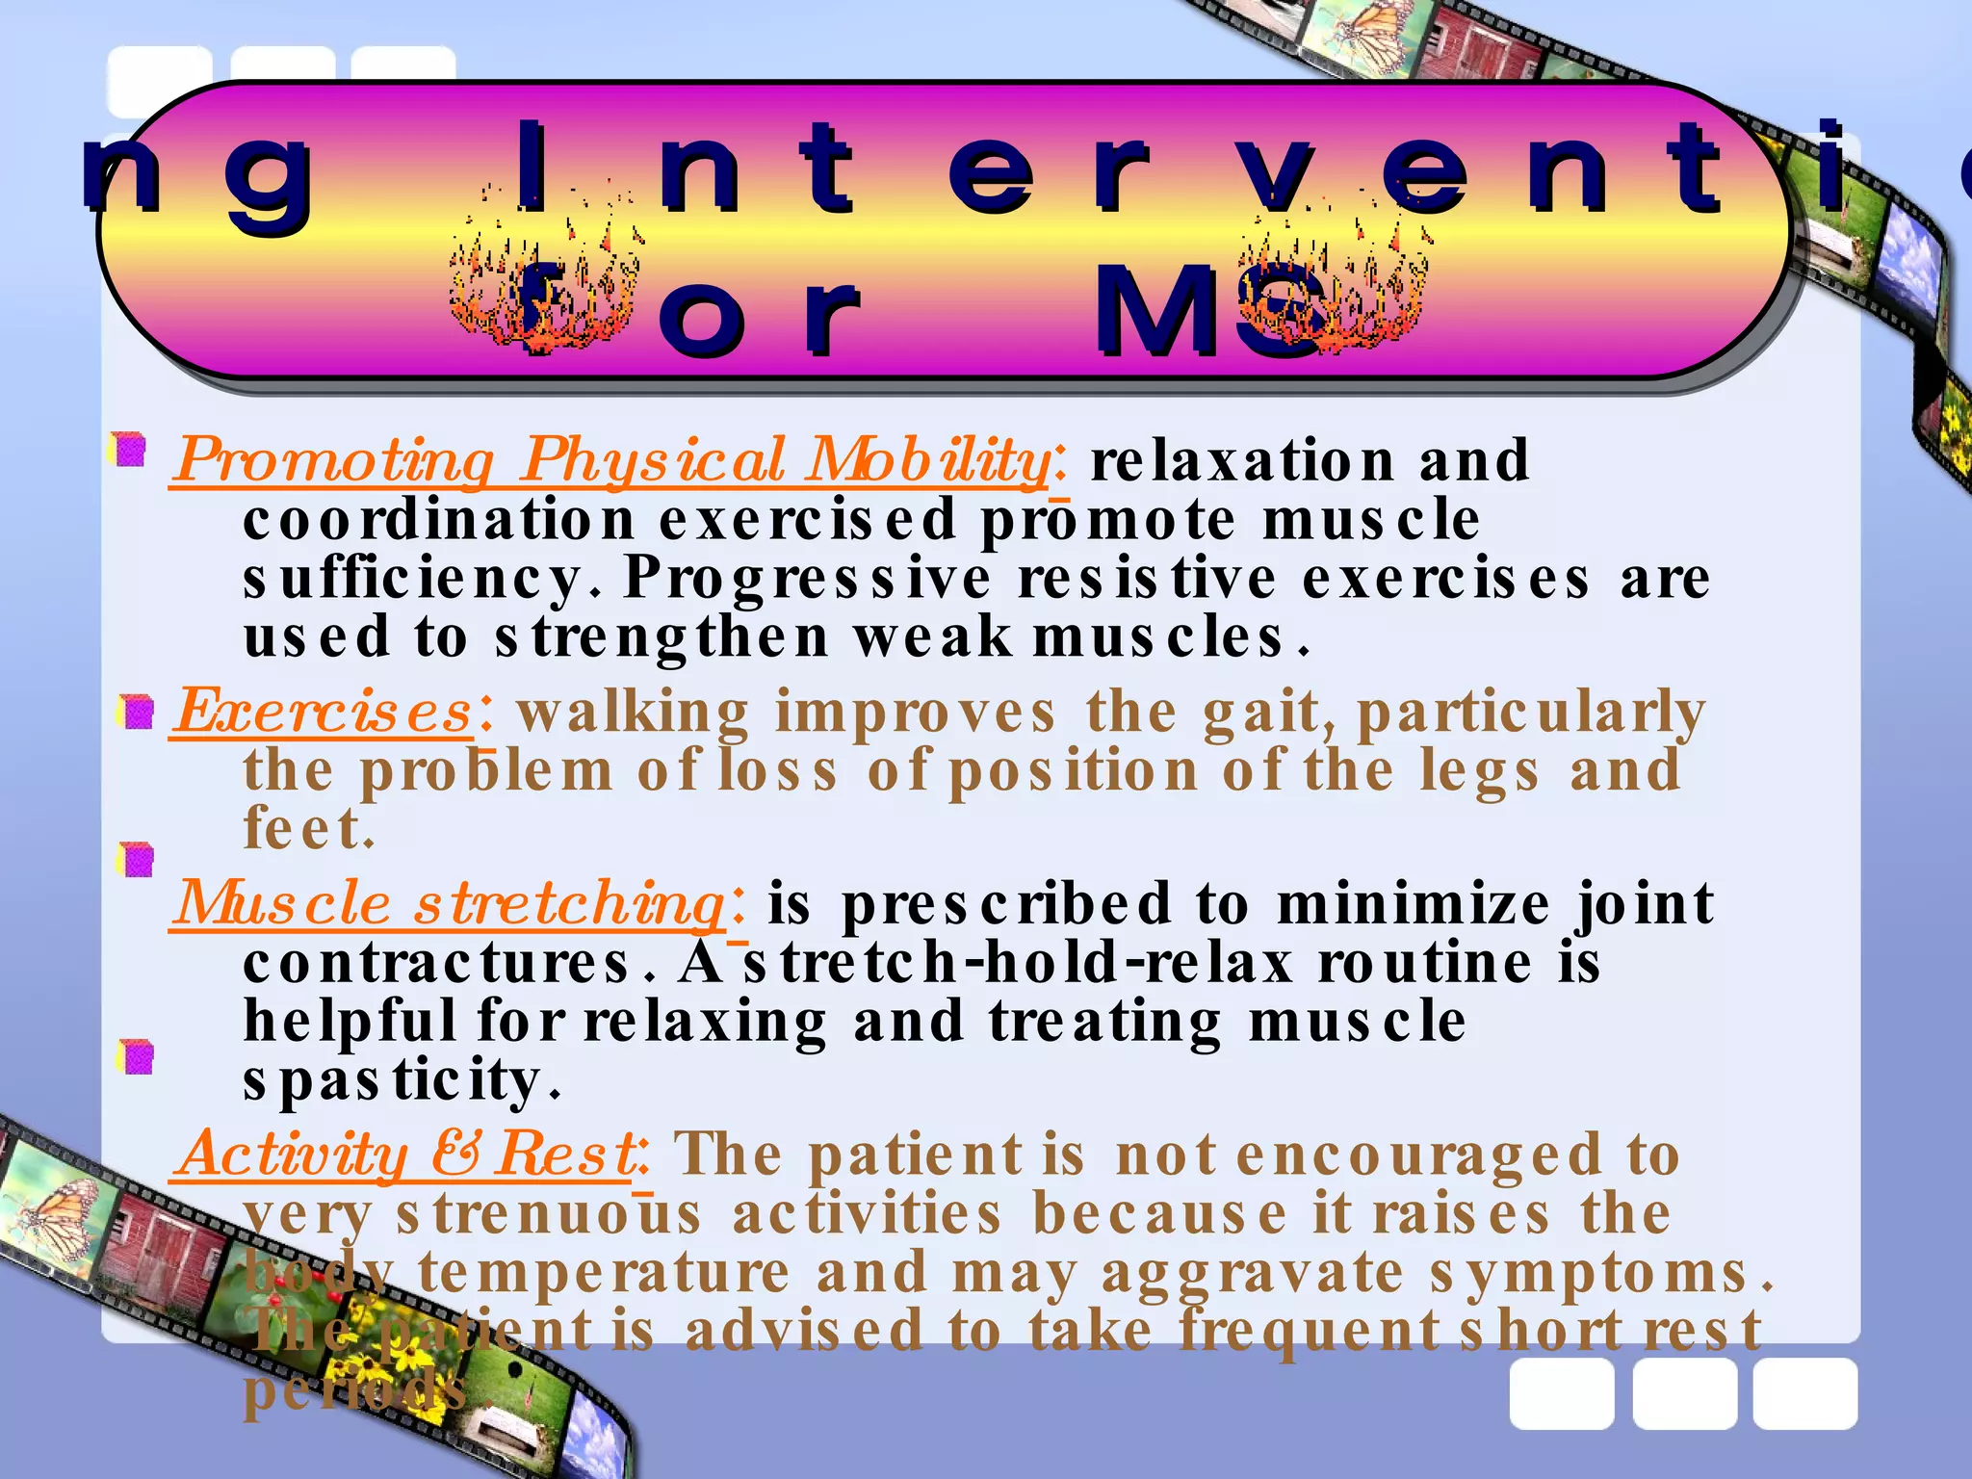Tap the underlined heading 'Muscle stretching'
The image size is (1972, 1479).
[x=449, y=904]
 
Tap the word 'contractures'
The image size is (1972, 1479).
[x=437, y=963]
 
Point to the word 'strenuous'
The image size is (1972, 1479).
[x=549, y=1213]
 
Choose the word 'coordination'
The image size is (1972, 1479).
[x=439, y=521]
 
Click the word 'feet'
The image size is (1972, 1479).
[x=302, y=828]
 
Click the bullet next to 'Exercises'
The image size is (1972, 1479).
[x=137, y=713]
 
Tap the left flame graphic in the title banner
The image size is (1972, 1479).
[x=545, y=279]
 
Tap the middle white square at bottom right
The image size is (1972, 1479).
[x=1684, y=1393]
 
